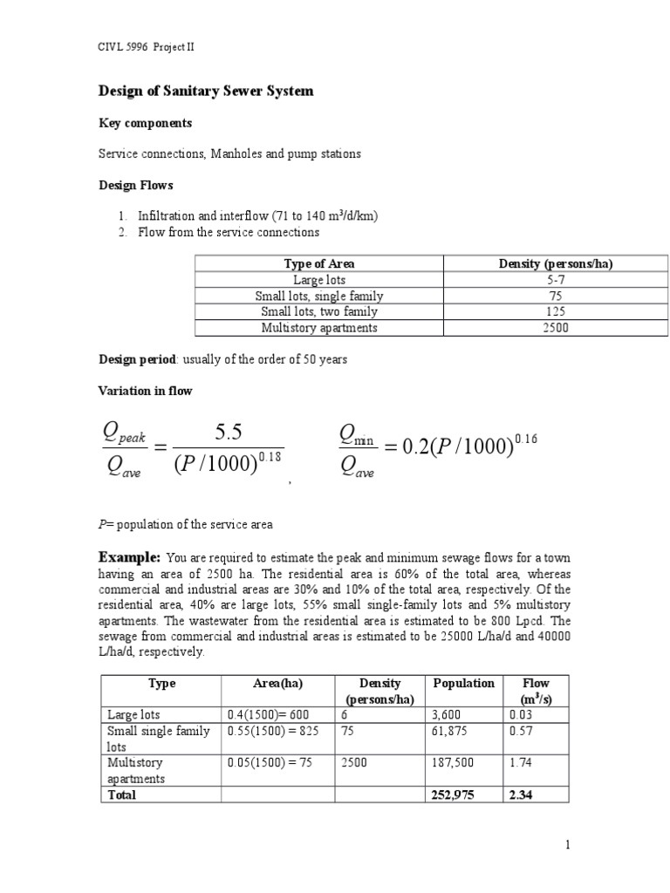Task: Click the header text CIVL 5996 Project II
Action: point(145,47)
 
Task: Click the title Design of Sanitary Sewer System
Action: point(204,92)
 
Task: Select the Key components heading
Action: point(145,123)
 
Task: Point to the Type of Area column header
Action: point(319,263)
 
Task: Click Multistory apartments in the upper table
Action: point(319,328)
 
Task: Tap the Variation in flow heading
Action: point(146,392)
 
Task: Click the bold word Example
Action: point(129,556)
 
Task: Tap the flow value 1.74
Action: point(520,762)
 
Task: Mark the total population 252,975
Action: point(452,794)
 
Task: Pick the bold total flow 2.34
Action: point(520,794)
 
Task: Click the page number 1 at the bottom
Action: point(566,844)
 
